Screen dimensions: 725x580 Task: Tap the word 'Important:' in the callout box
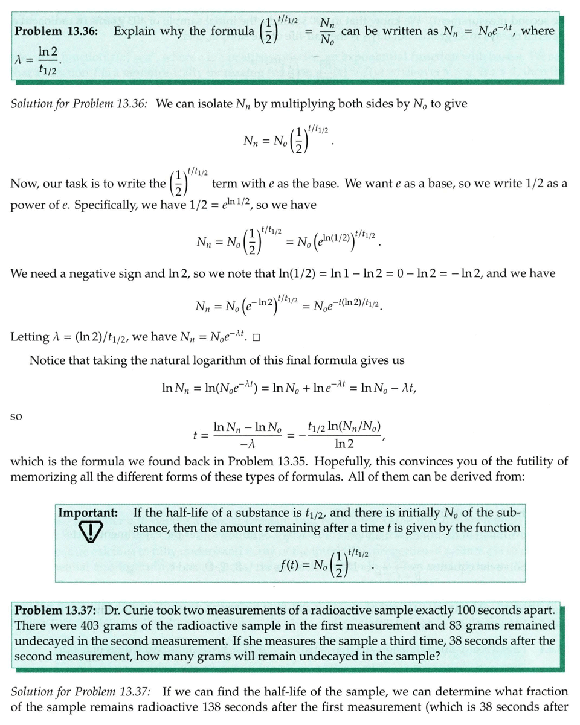click(88, 513)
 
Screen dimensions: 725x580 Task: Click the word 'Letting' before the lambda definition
click(30, 337)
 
